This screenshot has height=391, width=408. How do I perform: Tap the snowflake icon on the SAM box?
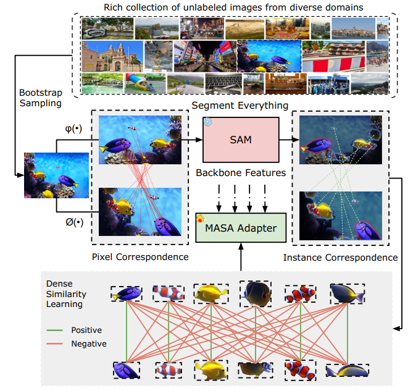208,122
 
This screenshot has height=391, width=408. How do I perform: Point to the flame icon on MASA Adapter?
200,217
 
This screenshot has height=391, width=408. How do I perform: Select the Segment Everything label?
239,105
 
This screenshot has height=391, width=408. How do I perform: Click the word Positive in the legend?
86,330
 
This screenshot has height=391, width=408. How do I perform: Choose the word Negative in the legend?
88,344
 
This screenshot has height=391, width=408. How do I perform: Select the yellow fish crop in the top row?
207,292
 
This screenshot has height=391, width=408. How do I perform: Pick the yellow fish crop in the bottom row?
209,369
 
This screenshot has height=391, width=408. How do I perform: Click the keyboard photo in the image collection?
221,83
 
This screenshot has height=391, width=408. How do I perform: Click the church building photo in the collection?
103,56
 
